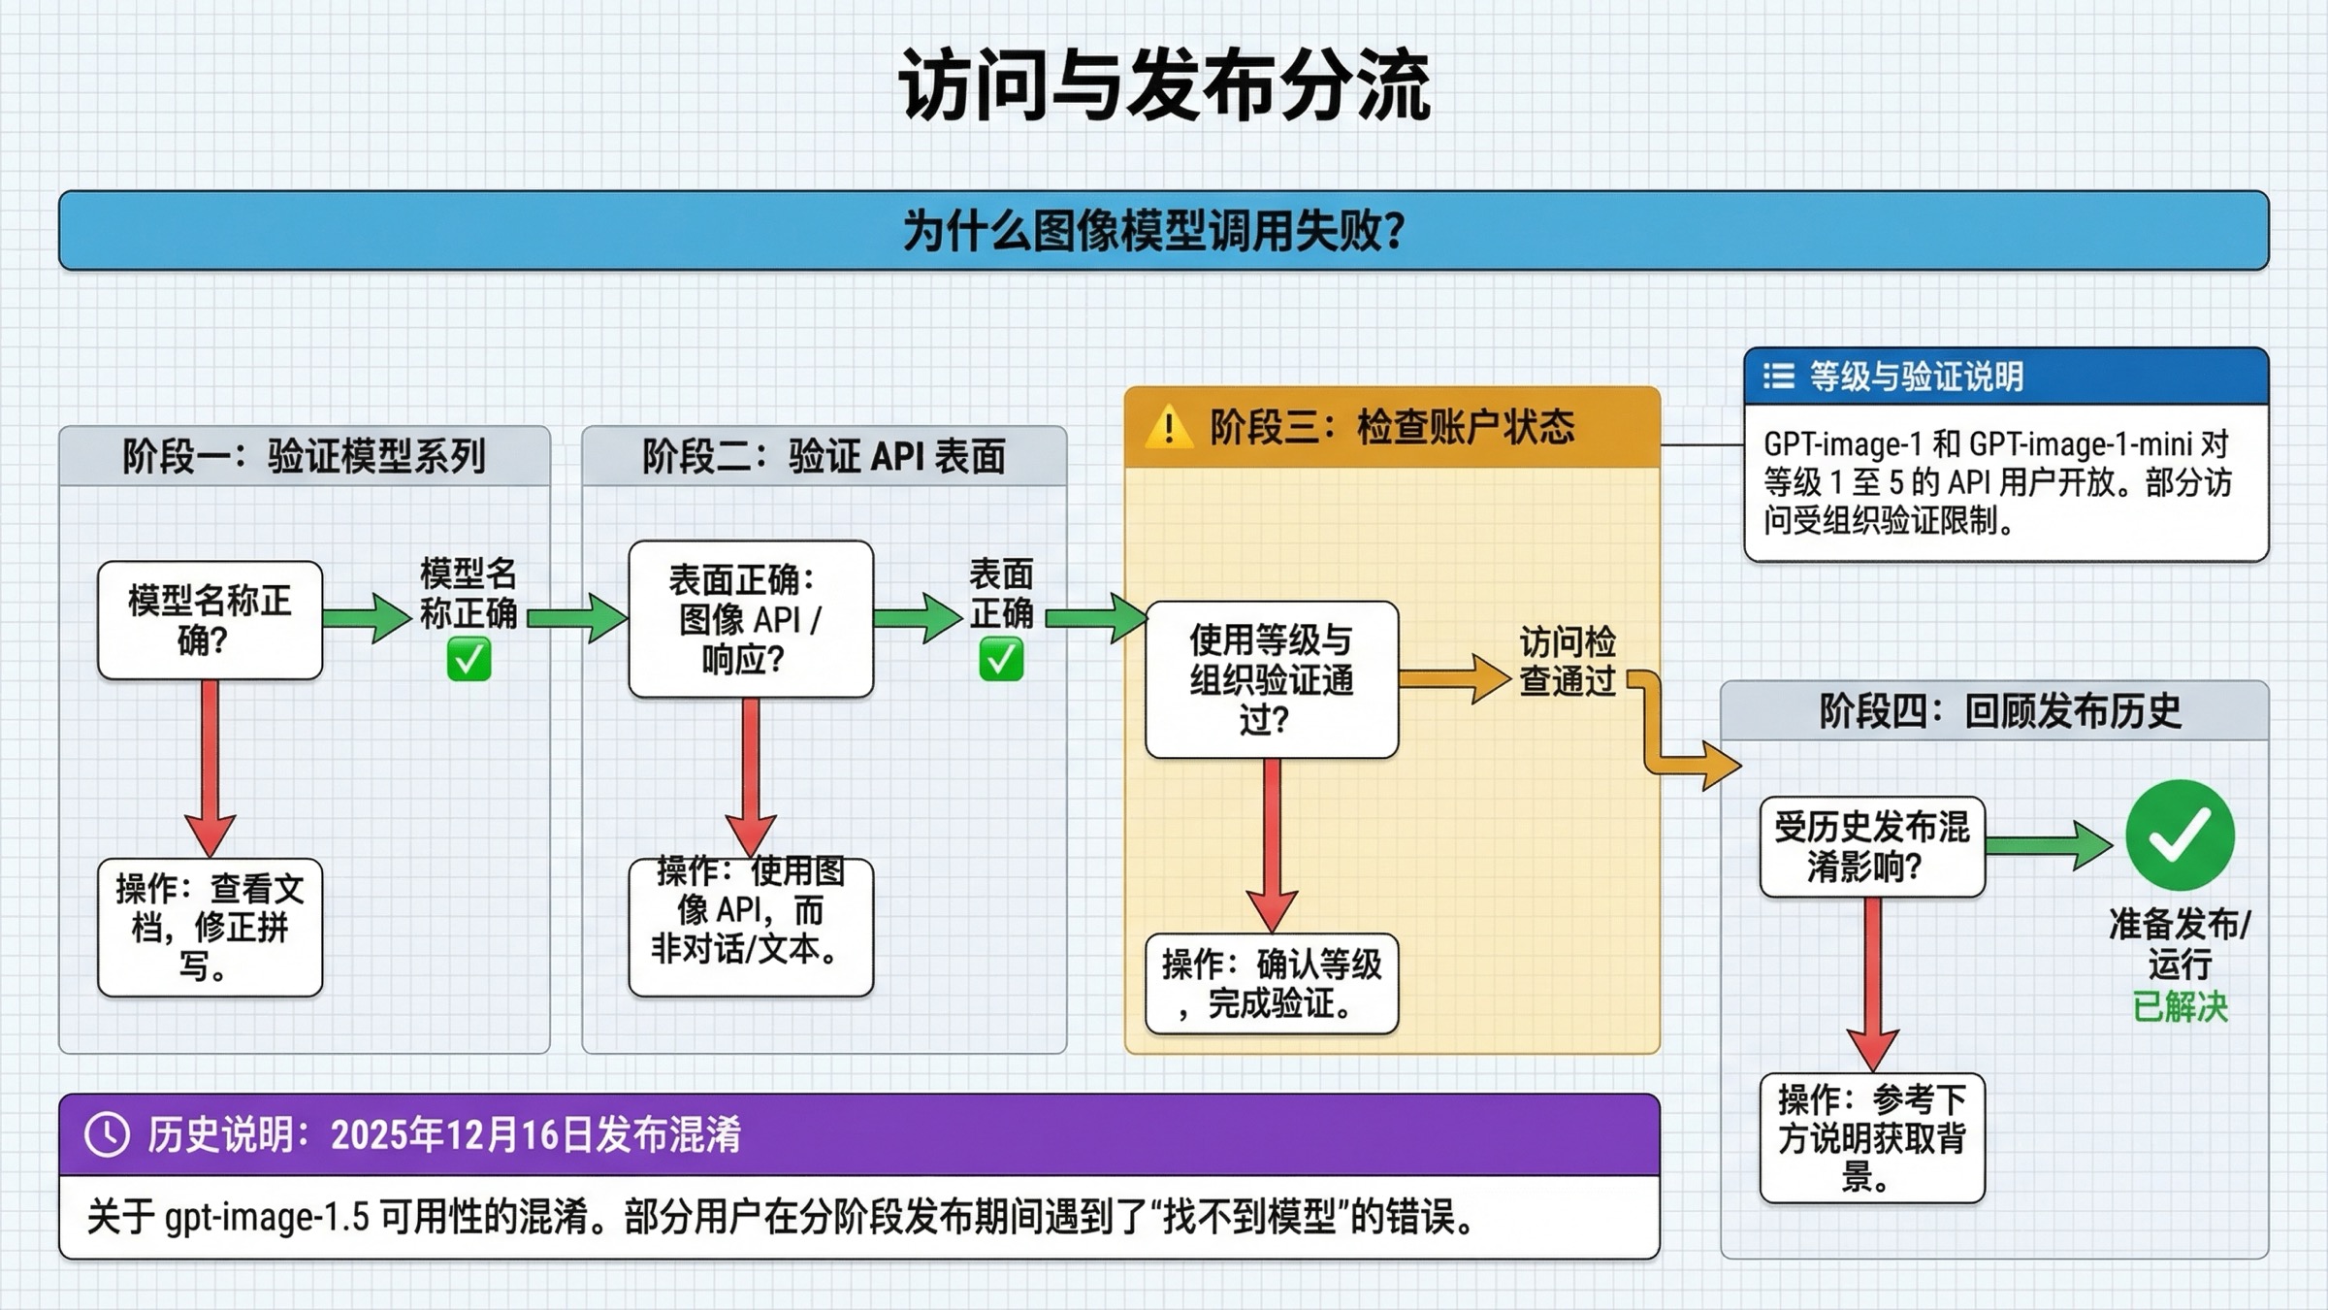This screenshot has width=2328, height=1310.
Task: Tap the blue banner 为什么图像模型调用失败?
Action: pos(1163,231)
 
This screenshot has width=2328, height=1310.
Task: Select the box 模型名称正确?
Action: pos(210,621)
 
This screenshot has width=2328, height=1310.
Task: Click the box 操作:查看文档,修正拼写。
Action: pos(210,928)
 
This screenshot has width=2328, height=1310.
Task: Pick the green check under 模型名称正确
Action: pos(469,660)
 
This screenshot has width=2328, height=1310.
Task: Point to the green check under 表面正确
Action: pos(1001,660)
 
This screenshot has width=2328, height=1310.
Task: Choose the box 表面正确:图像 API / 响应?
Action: pos(751,619)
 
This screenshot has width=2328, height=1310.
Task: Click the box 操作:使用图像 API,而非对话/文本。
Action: pos(751,927)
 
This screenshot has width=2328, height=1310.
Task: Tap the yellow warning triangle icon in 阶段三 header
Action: pos(1169,428)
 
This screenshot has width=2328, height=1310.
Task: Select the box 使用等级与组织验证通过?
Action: pos(1271,679)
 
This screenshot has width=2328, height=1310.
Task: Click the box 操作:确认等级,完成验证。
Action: pos(1271,984)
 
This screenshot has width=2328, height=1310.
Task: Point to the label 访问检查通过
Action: pos(1567,661)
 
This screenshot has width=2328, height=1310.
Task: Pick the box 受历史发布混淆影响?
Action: pos(1872,847)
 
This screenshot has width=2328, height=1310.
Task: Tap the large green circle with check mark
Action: pos(2180,835)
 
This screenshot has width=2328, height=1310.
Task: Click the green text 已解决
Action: pos(2180,1007)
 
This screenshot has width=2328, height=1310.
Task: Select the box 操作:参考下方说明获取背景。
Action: pos(1872,1138)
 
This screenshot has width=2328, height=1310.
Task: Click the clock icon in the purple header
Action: pos(107,1134)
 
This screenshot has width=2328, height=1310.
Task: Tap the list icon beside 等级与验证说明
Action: pos(1778,377)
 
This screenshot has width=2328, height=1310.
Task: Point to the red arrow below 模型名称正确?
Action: pos(210,767)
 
